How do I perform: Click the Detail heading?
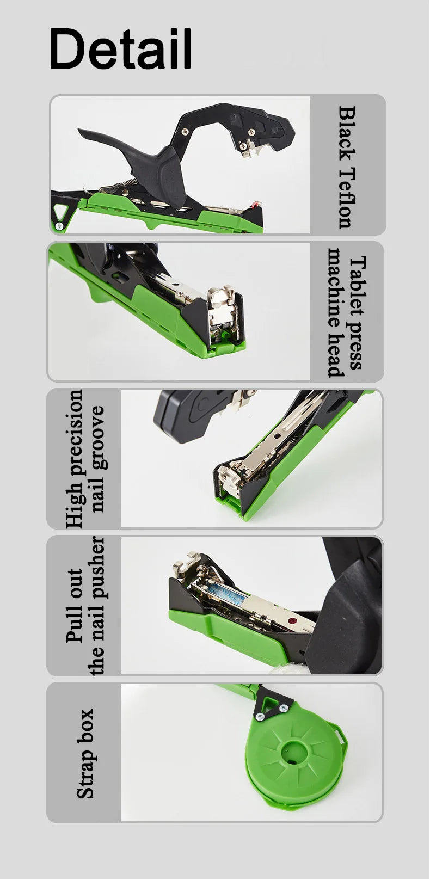click(x=120, y=49)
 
